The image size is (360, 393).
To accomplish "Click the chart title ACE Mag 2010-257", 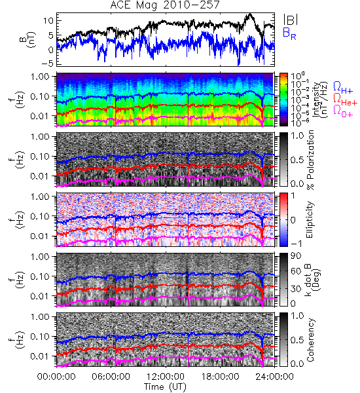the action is [164, 5].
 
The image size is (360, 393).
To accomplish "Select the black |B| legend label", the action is [291, 20].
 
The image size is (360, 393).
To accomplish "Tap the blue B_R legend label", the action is [289, 34].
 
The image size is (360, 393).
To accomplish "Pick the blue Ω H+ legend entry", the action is [343, 88].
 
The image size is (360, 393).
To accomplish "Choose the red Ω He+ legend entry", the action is [345, 100].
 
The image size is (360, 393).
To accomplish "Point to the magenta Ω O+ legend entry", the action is [343, 111].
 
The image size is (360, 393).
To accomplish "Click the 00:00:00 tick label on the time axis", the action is [56, 377].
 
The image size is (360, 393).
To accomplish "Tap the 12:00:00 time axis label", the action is [166, 377].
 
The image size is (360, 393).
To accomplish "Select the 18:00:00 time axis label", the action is [220, 377].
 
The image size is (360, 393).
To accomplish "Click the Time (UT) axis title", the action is [166, 386].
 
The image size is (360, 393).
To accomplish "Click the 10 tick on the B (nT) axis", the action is [48, 20].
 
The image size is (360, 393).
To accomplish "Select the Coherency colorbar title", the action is [310, 340].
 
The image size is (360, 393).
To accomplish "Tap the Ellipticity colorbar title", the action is [310, 220].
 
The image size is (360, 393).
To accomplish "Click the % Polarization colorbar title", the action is [310, 160].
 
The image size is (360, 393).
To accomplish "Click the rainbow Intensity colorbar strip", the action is [283, 100].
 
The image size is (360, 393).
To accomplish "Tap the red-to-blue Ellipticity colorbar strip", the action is [283, 219].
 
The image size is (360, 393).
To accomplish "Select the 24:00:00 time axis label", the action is [274, 377].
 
